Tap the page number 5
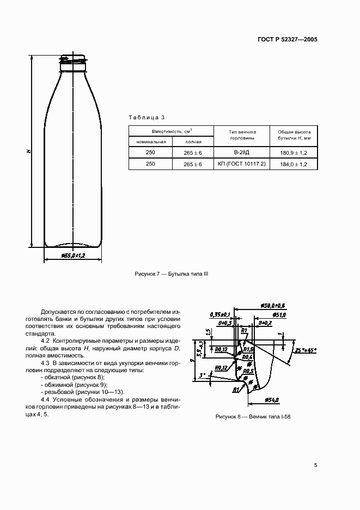[316, 465]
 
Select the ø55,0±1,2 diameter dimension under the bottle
[72, 255]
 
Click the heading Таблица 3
[146, 117]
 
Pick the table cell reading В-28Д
[241, 153]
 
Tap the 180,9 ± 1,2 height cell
[294, 153]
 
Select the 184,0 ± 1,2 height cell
[294, 164]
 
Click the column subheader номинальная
[150, 142]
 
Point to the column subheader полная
[193, 142]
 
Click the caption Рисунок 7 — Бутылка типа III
[172, 274]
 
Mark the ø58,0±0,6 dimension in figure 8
[274, 306]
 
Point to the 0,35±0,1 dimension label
[220, 314]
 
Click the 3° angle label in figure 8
[202, 375]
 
